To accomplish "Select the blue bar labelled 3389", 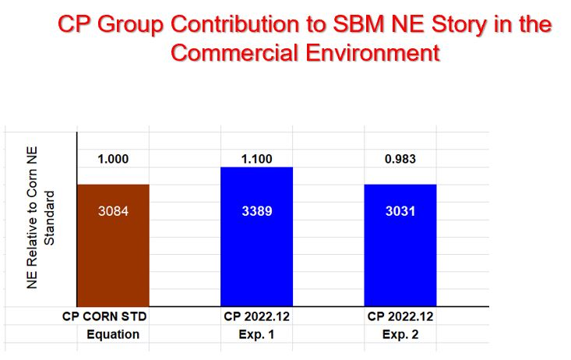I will tap(256, 249).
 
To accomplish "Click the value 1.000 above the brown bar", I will tap(113, 160).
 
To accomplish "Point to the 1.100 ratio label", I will tap(256, 160).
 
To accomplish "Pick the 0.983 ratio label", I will tap(400, 160).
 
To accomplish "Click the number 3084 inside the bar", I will tap(113, 211).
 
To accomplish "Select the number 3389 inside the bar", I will tap(256, 211).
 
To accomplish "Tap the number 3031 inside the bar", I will tap(400, 211).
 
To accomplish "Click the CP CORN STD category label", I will tap(104, 317).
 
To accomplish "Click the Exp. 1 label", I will tap(256, 334).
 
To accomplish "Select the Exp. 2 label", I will tap(400, 334).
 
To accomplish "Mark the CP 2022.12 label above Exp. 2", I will tap(400, 317).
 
